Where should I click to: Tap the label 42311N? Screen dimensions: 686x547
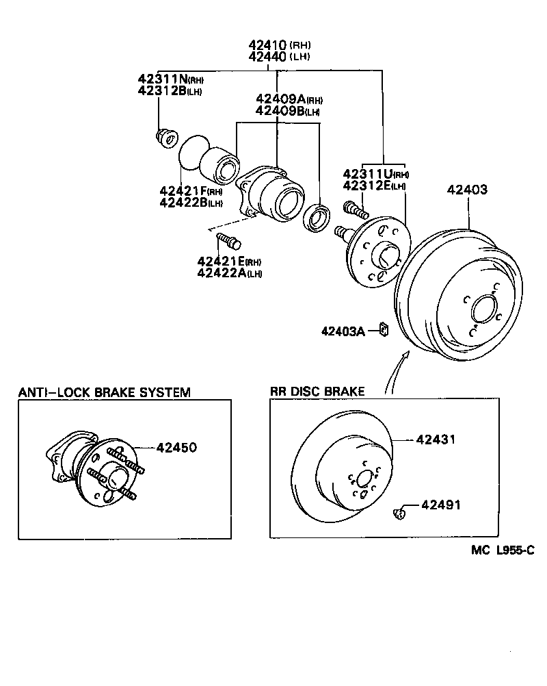162,79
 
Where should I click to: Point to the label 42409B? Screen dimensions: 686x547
279,110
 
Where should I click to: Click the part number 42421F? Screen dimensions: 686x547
183,191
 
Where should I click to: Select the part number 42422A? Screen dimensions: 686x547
221,273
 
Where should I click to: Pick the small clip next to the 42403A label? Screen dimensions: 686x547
384,331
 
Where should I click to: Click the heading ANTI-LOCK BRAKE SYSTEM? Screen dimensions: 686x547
104,392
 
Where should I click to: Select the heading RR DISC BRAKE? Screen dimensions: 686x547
317,392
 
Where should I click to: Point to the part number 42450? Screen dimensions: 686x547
176,447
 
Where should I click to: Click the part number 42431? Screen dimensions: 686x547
436,440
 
